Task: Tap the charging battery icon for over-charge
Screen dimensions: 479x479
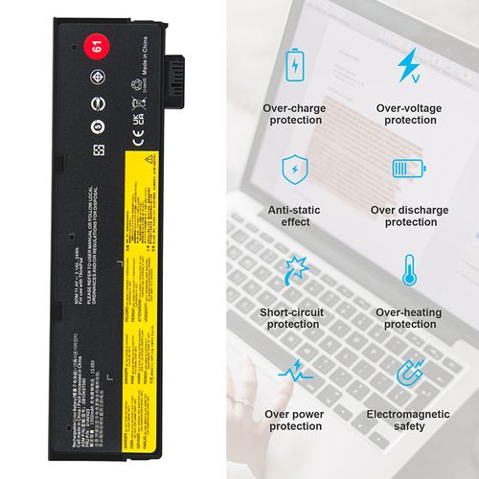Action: click(294, 66)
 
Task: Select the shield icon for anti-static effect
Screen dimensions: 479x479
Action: click(294, 170)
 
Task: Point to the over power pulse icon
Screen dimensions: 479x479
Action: click(294, 371)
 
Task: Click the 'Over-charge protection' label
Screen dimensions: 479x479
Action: click(294, 114)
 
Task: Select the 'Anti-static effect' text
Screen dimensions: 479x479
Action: click(294, 217)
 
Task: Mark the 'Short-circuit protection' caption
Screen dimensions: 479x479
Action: click(294, 318)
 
